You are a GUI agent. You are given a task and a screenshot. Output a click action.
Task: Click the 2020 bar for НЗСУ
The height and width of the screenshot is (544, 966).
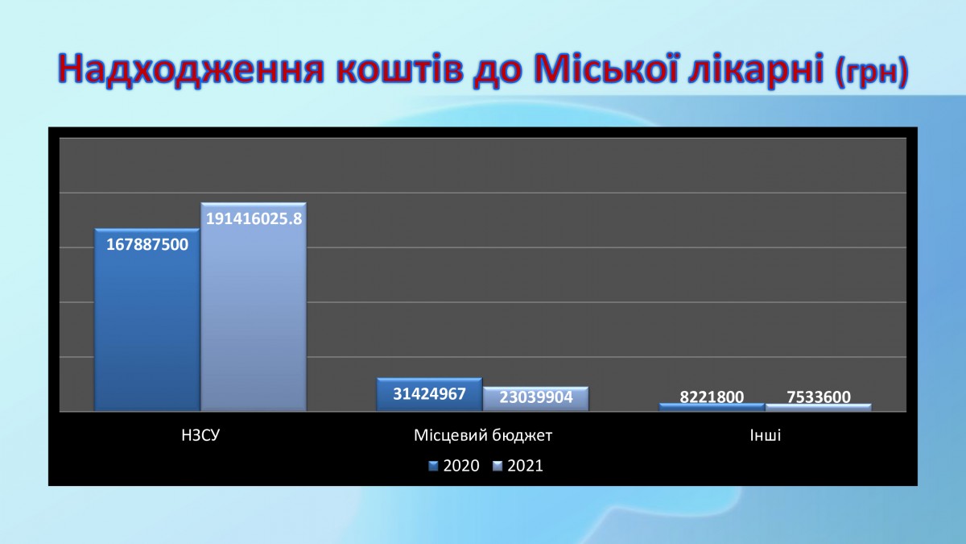click(147, 319)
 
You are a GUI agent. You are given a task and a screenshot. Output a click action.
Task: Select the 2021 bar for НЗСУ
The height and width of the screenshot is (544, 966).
click(254, 306)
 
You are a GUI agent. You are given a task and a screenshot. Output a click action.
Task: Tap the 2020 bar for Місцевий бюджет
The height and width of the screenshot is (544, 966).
click(429, 394)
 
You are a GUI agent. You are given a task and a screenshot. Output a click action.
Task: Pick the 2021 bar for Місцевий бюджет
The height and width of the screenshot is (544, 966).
click(535, 399)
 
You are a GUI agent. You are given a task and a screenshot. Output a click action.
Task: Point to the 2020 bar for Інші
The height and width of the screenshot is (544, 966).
click(712, 407)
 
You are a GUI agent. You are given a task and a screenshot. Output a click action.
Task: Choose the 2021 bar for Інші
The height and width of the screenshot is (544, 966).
click(819, 407)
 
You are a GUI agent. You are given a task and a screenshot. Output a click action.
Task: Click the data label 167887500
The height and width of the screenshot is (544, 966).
click(147, 245)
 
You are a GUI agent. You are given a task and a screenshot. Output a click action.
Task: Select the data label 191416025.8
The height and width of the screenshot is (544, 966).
click(254, 219)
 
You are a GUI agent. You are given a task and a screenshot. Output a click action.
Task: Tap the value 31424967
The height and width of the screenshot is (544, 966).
click(430, 394)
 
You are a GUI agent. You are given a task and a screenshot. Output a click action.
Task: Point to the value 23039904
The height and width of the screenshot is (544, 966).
click(536, 397)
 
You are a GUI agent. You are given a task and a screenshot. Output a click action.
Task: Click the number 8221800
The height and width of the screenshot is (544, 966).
click(712, 397)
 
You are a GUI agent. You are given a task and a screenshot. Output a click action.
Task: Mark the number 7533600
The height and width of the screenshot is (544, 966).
click(819, 397)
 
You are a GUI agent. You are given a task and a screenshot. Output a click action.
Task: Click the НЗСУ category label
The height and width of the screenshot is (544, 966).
click(200, 435)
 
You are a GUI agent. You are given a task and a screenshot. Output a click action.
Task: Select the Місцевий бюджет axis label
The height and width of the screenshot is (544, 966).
click(483, 435)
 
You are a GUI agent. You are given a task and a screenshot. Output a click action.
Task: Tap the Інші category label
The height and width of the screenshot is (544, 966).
click(766, 435)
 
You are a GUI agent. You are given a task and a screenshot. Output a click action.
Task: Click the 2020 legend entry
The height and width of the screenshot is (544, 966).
click(454, 466)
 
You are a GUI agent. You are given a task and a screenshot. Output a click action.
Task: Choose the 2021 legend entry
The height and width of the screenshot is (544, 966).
click(518, 466)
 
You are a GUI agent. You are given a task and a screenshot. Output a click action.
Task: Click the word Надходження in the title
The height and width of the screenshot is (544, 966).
click(191, 69)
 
